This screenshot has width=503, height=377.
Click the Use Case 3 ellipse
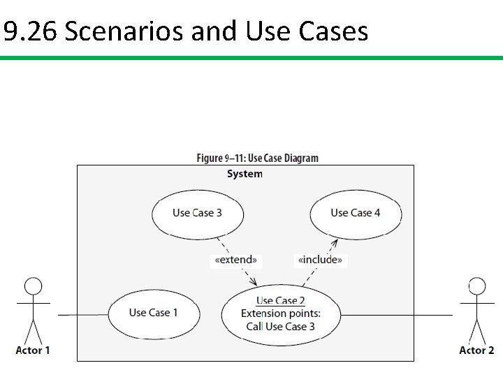[197, 213]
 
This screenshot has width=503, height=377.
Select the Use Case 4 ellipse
[356, 213]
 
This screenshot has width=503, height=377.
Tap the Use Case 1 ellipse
[153, 313]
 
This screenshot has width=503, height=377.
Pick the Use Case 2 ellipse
[280, 313]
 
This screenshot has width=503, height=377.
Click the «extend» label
[236, 260]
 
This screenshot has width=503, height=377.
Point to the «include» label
[320, 260]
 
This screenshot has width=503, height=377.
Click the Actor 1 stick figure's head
[33, 286]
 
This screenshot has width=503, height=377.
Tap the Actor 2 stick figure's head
[476, 286]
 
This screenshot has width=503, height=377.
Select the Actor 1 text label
[33, 350]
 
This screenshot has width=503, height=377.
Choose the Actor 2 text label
[476, 350]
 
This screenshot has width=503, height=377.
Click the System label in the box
[245, 174]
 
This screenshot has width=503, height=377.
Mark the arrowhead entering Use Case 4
[335, 242]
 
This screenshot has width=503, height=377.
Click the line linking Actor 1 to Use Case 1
[82, 315]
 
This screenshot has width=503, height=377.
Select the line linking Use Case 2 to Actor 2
[395, 315]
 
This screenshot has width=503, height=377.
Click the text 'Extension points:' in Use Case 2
[280, 313]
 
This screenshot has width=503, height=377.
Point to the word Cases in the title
[333, 31]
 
